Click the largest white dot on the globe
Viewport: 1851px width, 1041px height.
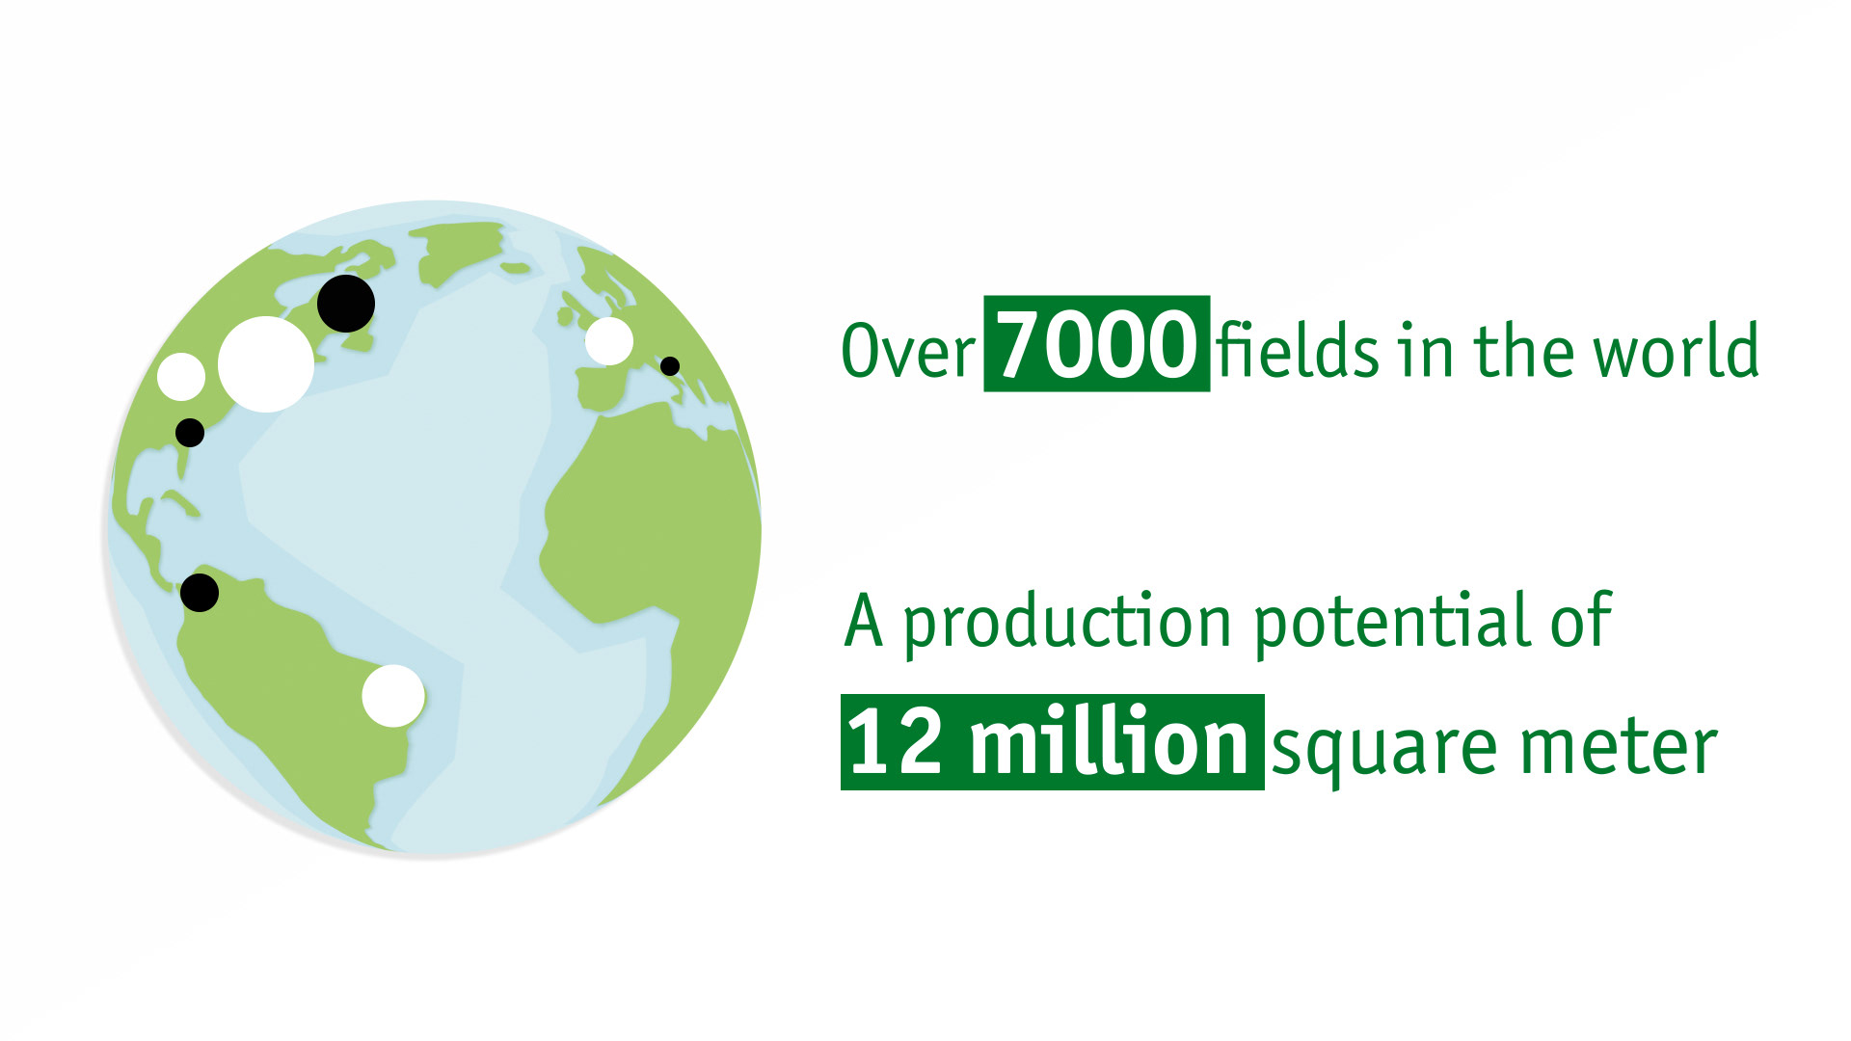click(266, 364)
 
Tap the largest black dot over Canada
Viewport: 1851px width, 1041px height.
click(346, 304)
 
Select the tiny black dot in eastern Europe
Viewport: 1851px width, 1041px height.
click(670, 366)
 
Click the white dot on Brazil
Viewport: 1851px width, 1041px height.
click(393, 696)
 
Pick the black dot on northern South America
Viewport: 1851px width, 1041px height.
click(200, 593)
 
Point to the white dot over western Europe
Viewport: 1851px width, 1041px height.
click(609, 341)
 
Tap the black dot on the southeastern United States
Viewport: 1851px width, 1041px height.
click(190, 433)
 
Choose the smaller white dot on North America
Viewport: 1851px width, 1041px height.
click(181, 377)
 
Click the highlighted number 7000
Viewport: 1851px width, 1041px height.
click(1097, 344)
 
